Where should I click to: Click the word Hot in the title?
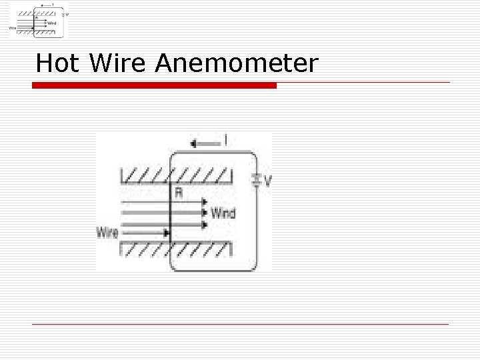click(58, 63)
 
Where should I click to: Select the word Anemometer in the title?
click(237, 63)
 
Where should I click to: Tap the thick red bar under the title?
click(155, 85)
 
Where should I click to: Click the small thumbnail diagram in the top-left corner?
click(39, 20)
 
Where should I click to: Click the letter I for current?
click(225, 141)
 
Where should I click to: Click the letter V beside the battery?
click(267, 181)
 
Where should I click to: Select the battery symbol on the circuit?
click(256, 179)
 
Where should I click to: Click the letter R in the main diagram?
click(179, 193)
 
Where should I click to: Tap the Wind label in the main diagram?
click(223, 213)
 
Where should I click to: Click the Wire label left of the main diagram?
click(108, 233)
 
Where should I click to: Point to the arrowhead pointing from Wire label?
click(165, 233)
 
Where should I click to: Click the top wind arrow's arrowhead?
click(205, 202)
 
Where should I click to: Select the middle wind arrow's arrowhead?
click(205, 213)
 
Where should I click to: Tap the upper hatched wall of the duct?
click(176, 176)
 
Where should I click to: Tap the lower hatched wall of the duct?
click(176, 250)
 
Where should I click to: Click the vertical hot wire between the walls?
click(171, 213)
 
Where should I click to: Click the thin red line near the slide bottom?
click(240, 324)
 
